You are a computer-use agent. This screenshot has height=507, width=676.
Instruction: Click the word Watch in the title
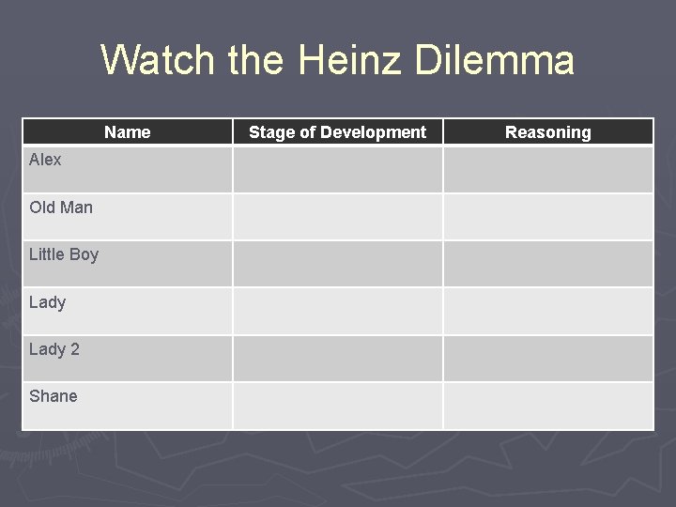tap(159, 60)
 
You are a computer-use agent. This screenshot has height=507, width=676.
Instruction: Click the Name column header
tap(128, 132)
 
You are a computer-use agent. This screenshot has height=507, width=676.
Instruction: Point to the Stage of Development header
tap(337, 132)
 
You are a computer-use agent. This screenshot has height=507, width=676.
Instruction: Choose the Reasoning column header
tap(548, 132)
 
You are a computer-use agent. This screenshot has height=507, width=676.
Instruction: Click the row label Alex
tap(45, 160)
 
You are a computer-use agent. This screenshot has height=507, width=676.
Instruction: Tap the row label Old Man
tap(61, 207)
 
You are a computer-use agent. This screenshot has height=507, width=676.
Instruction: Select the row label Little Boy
tap(64, 254)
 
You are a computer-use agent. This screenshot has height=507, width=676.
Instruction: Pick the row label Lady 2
tap(54, 349)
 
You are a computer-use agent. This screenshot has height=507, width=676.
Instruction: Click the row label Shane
tap(54, 396)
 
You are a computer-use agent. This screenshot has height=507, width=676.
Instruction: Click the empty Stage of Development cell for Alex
tap(337, 169)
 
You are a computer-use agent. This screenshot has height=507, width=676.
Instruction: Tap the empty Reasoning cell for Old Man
tap(548, 216)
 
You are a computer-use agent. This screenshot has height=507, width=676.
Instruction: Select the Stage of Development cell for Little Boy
tap(337, 264)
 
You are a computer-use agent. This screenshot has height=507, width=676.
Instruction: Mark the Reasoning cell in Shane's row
tap(548, 406)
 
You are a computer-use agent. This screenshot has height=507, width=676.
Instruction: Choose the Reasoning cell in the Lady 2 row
tap(548, 359)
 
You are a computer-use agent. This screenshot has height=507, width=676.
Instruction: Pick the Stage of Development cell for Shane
tap(337, 406)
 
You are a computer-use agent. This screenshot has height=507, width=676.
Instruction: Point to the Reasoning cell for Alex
tap(548, 169)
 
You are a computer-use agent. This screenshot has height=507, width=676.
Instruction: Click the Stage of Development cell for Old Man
tap(337, 216)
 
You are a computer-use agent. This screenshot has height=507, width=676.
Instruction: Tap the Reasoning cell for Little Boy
tap(548, 264)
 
